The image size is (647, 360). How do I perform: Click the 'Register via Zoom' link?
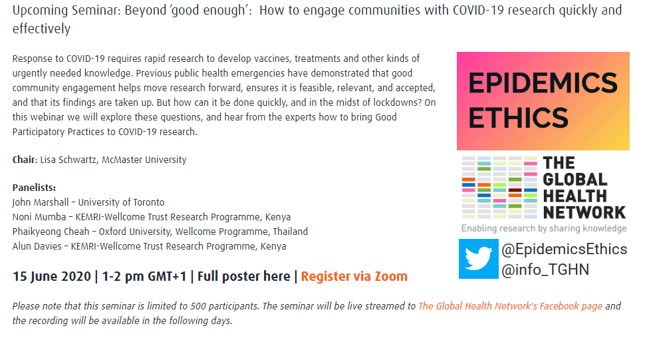pyautogui.click(x=354, y=276)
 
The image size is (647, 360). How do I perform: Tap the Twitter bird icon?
pyautogui.click(x=479, y=259)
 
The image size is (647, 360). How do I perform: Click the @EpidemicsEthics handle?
pyautogui.click(x=564, y=250)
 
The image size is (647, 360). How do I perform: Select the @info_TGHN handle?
pyautogui.click(x=545, y=270)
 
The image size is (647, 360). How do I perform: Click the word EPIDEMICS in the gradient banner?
pyautogui.click(x=543, y=83)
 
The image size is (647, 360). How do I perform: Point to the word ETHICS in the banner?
pyautogui.click(x=518, y=118)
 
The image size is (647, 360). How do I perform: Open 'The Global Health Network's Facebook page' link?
pyautogui.click(x=511, y=306)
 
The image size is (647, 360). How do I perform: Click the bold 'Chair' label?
pyautogui.click(x=25, y=160)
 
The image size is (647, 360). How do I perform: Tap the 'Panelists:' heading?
pyautogui.click(x=34, y=188)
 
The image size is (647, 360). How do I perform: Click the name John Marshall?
pyautogui.click(x=41, y=202)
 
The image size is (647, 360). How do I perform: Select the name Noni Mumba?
pyautogui.click(x=39, y=217)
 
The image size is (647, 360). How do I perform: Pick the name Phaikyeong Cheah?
pyautogui.click(x=51, y=232)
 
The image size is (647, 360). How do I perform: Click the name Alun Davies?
pyautogui.click(x=37, y=246)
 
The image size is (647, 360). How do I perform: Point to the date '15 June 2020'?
pyautogui.click(x=52, y=276)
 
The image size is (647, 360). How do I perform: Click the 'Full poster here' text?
pyautogui.click(x=243, y=276)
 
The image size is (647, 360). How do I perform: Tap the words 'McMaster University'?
pyautogui.click(x=144, y=160)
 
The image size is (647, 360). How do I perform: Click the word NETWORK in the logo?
pyautogui.click(x=584, y=212)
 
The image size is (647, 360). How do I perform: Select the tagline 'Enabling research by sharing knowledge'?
pyautogui.click(x=544, y=228)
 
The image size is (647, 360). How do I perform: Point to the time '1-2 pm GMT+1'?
pyautogui.click(x=144, y=276)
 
